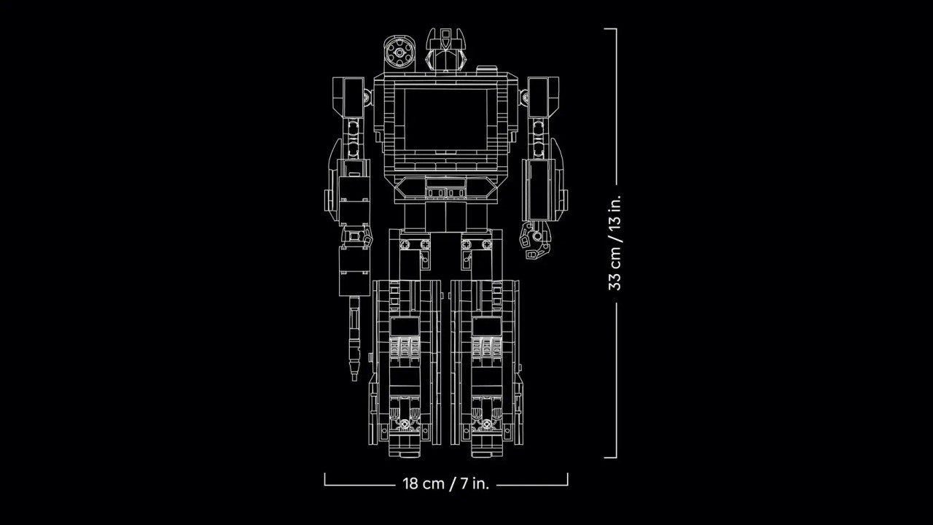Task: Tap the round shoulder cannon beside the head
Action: (398, 52)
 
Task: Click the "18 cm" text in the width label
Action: (423, 483)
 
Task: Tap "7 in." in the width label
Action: (472, 483)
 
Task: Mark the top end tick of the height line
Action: (610, 29)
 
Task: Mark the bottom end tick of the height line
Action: (610, 458)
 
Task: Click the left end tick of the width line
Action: (325, 478)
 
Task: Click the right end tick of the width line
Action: (567, 478)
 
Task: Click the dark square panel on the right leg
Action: (485, 326)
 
